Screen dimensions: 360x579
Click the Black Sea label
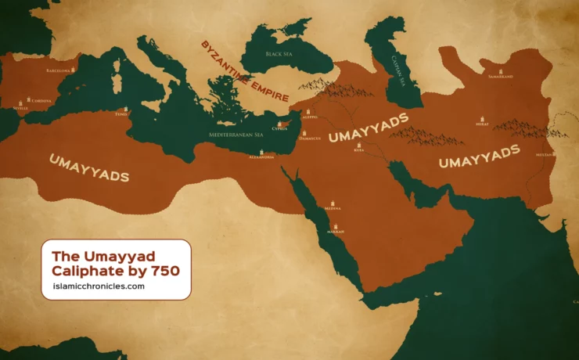point(278,54)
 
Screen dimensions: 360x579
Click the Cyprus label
point(279,128)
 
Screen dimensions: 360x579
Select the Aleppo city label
point(310,117)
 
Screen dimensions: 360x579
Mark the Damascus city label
point(310,139)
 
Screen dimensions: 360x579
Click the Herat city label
point(483,124)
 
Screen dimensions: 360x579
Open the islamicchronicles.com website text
point(93,286)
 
